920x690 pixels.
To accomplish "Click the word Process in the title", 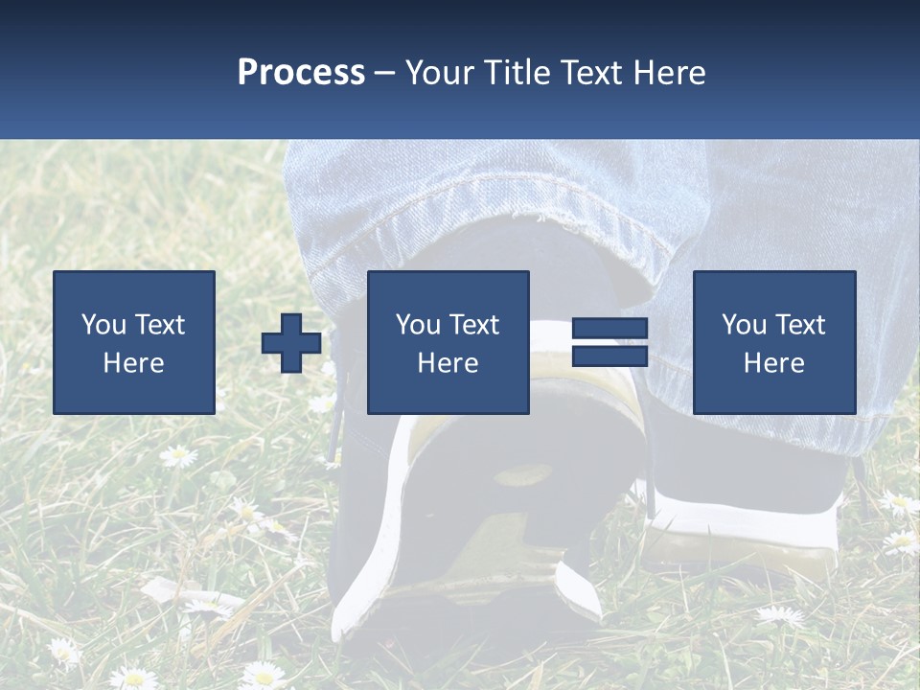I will pyautogui.click(x=301, y=73).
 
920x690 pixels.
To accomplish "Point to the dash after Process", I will pyautogui.click(x=383, y=74).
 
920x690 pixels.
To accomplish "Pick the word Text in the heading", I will pyautogui.click(x=587, y=73).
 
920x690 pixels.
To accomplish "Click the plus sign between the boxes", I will pyautogui.click(x=292, y=343).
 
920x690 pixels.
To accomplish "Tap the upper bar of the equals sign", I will pyautogui.click(x=609, y=329).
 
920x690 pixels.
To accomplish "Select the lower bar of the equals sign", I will pyautogui.click(x=609, y=356).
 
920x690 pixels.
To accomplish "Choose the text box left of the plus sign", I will pyautogui.click(x=134, y=342).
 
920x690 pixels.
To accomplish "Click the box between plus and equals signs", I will pyautogui.click(x=448, y=342).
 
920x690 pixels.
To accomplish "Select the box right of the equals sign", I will pyautogui.click(x=774, y=342).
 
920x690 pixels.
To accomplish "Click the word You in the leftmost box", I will pyautogui.click(x=103, y=325).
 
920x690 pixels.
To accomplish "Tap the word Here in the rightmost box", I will pyautogui.click(x=773, y=362).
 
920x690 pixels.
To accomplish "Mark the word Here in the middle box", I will pyautogui.click(x=448, y=362).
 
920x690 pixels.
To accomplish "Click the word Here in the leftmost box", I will pyautogui.click(x=133, y=362).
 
